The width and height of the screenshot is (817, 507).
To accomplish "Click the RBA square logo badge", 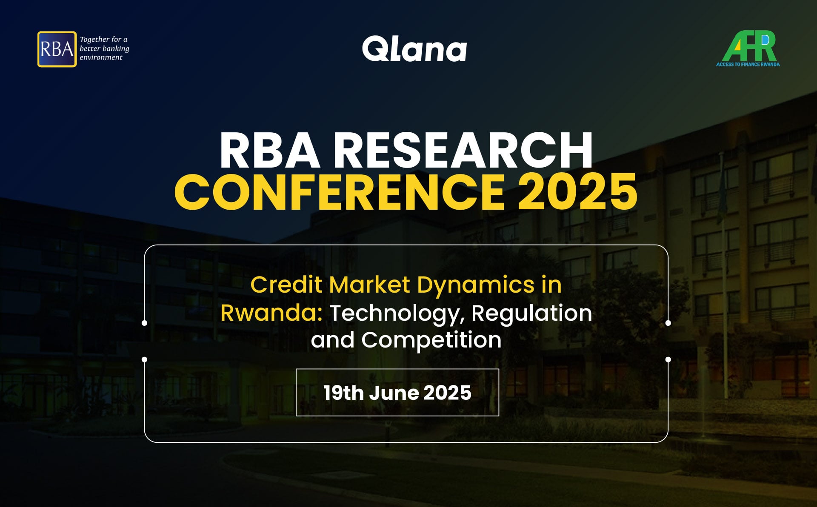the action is pyautogui.click(x=57, y=49).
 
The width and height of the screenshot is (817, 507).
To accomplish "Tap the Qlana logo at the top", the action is pyautogui.click(x=414, y=49).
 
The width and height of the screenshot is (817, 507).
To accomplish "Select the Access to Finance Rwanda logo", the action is pyautogui.click(x=748, y=48).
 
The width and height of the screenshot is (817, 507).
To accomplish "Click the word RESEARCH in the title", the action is pyautogui.click(x=463, y=150).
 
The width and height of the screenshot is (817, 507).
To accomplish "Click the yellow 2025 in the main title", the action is pyautogui.click(x=577, y=192).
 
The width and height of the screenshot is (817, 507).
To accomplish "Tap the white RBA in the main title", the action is pyautogui.click(x=270, y=150).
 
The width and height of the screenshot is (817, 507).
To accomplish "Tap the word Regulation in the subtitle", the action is pyautogui.click(x=532, y=314).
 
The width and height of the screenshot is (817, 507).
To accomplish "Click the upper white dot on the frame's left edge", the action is pyautogui.click(x=145, y=323).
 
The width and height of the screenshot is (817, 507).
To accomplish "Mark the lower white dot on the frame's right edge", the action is pyautogui.click(x=668, y=359).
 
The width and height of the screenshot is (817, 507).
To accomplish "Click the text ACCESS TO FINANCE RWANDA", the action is pyautogui.click(x=748, y=64).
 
